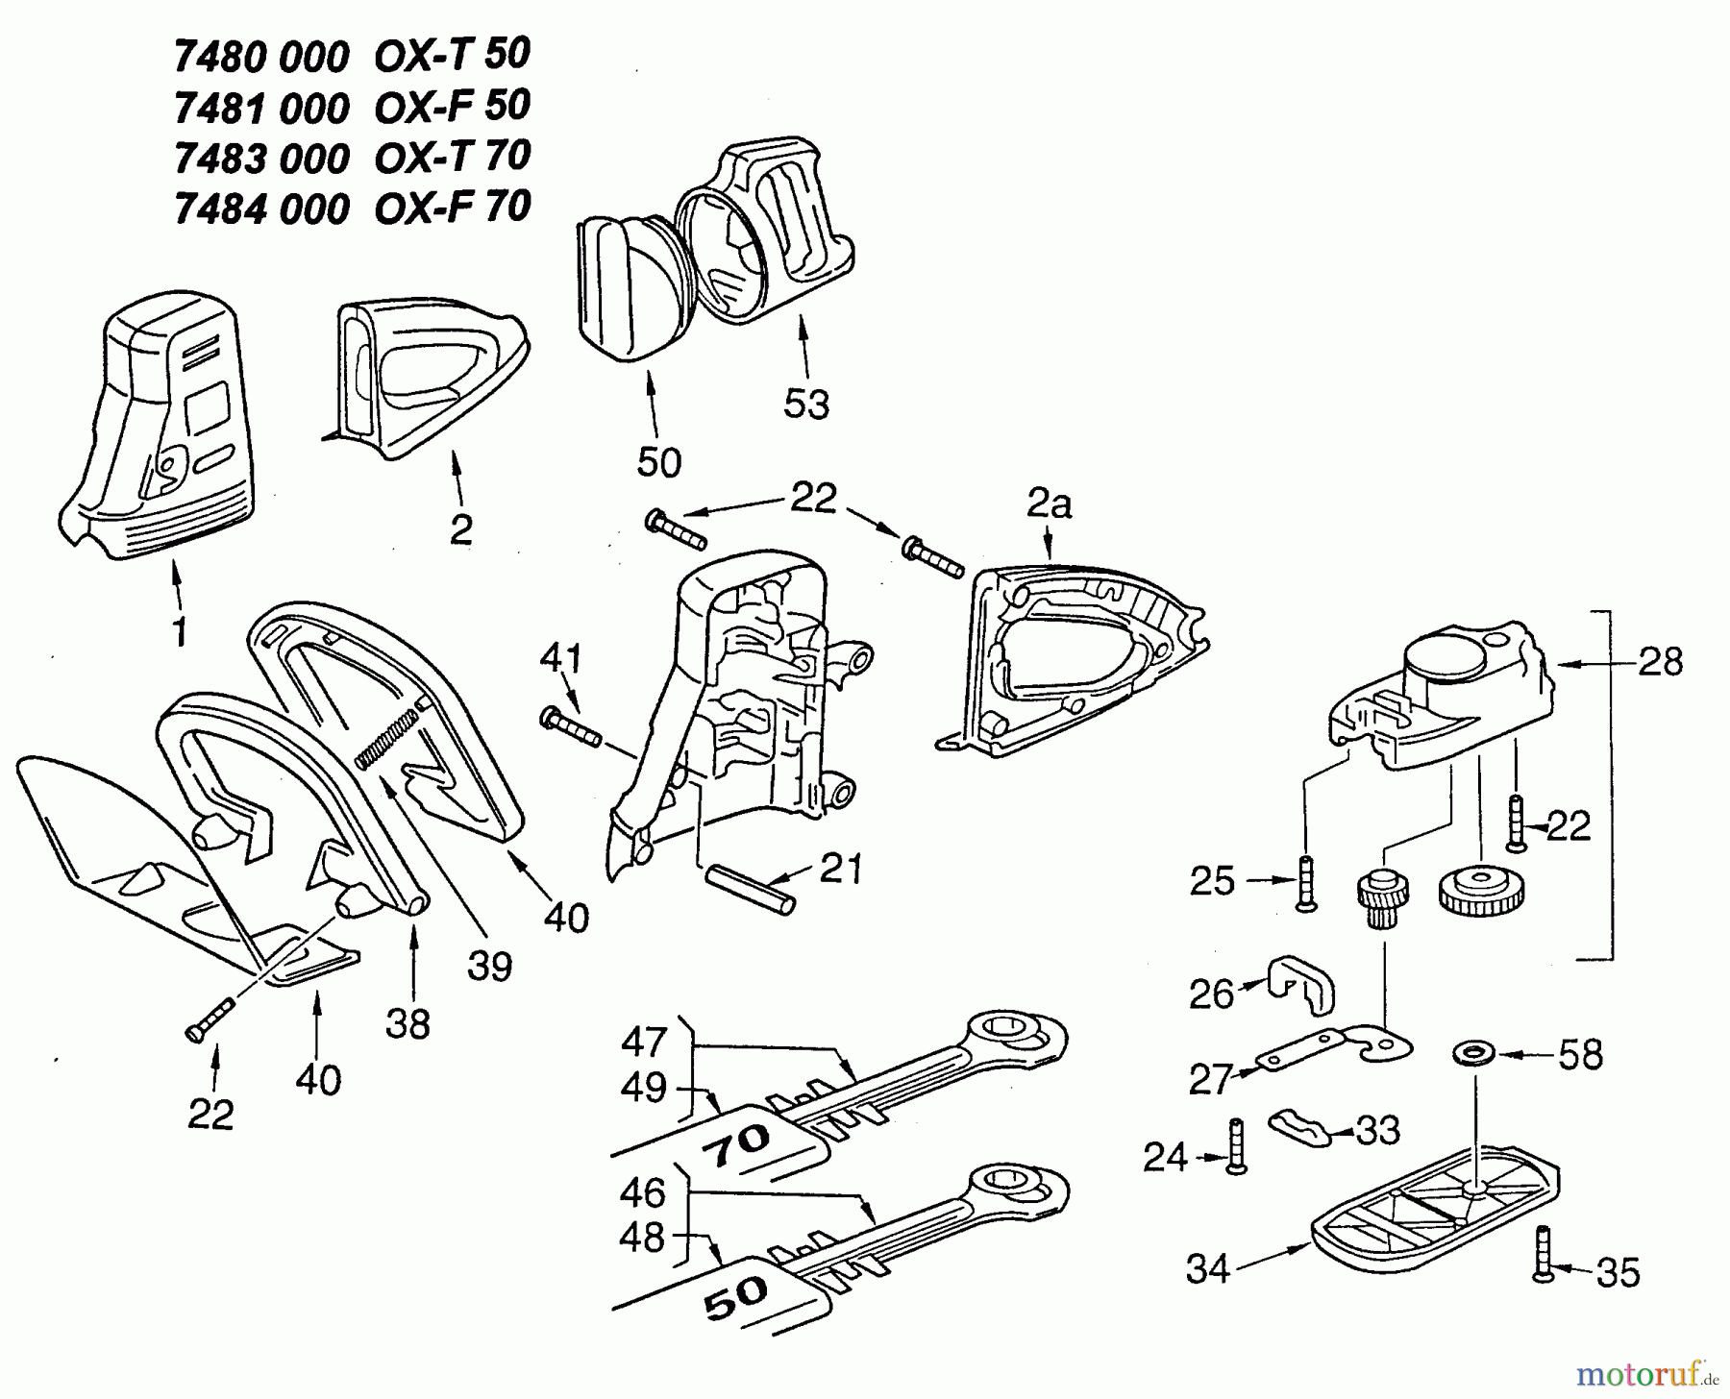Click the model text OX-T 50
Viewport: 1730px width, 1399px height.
point(452,57)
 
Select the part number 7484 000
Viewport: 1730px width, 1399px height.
point(261,209)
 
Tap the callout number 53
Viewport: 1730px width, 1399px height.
point(805,405)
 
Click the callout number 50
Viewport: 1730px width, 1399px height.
point(659,463)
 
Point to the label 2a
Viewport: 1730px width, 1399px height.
point(1050,504)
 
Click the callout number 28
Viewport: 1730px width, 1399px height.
point(1662,662)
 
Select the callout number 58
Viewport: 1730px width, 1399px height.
point(1581,1055)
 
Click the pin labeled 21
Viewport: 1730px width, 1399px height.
point(751,890)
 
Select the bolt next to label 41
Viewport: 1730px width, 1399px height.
point(572,726)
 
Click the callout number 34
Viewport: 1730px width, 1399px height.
point(1208,1269)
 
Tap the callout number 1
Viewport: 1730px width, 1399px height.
point(179,632)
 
